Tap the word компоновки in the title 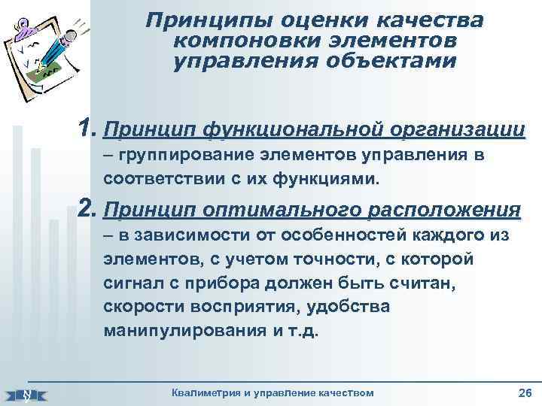click(x=228, y=41)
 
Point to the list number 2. click(x=88, y=208)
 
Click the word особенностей click(x=342, y=235)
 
